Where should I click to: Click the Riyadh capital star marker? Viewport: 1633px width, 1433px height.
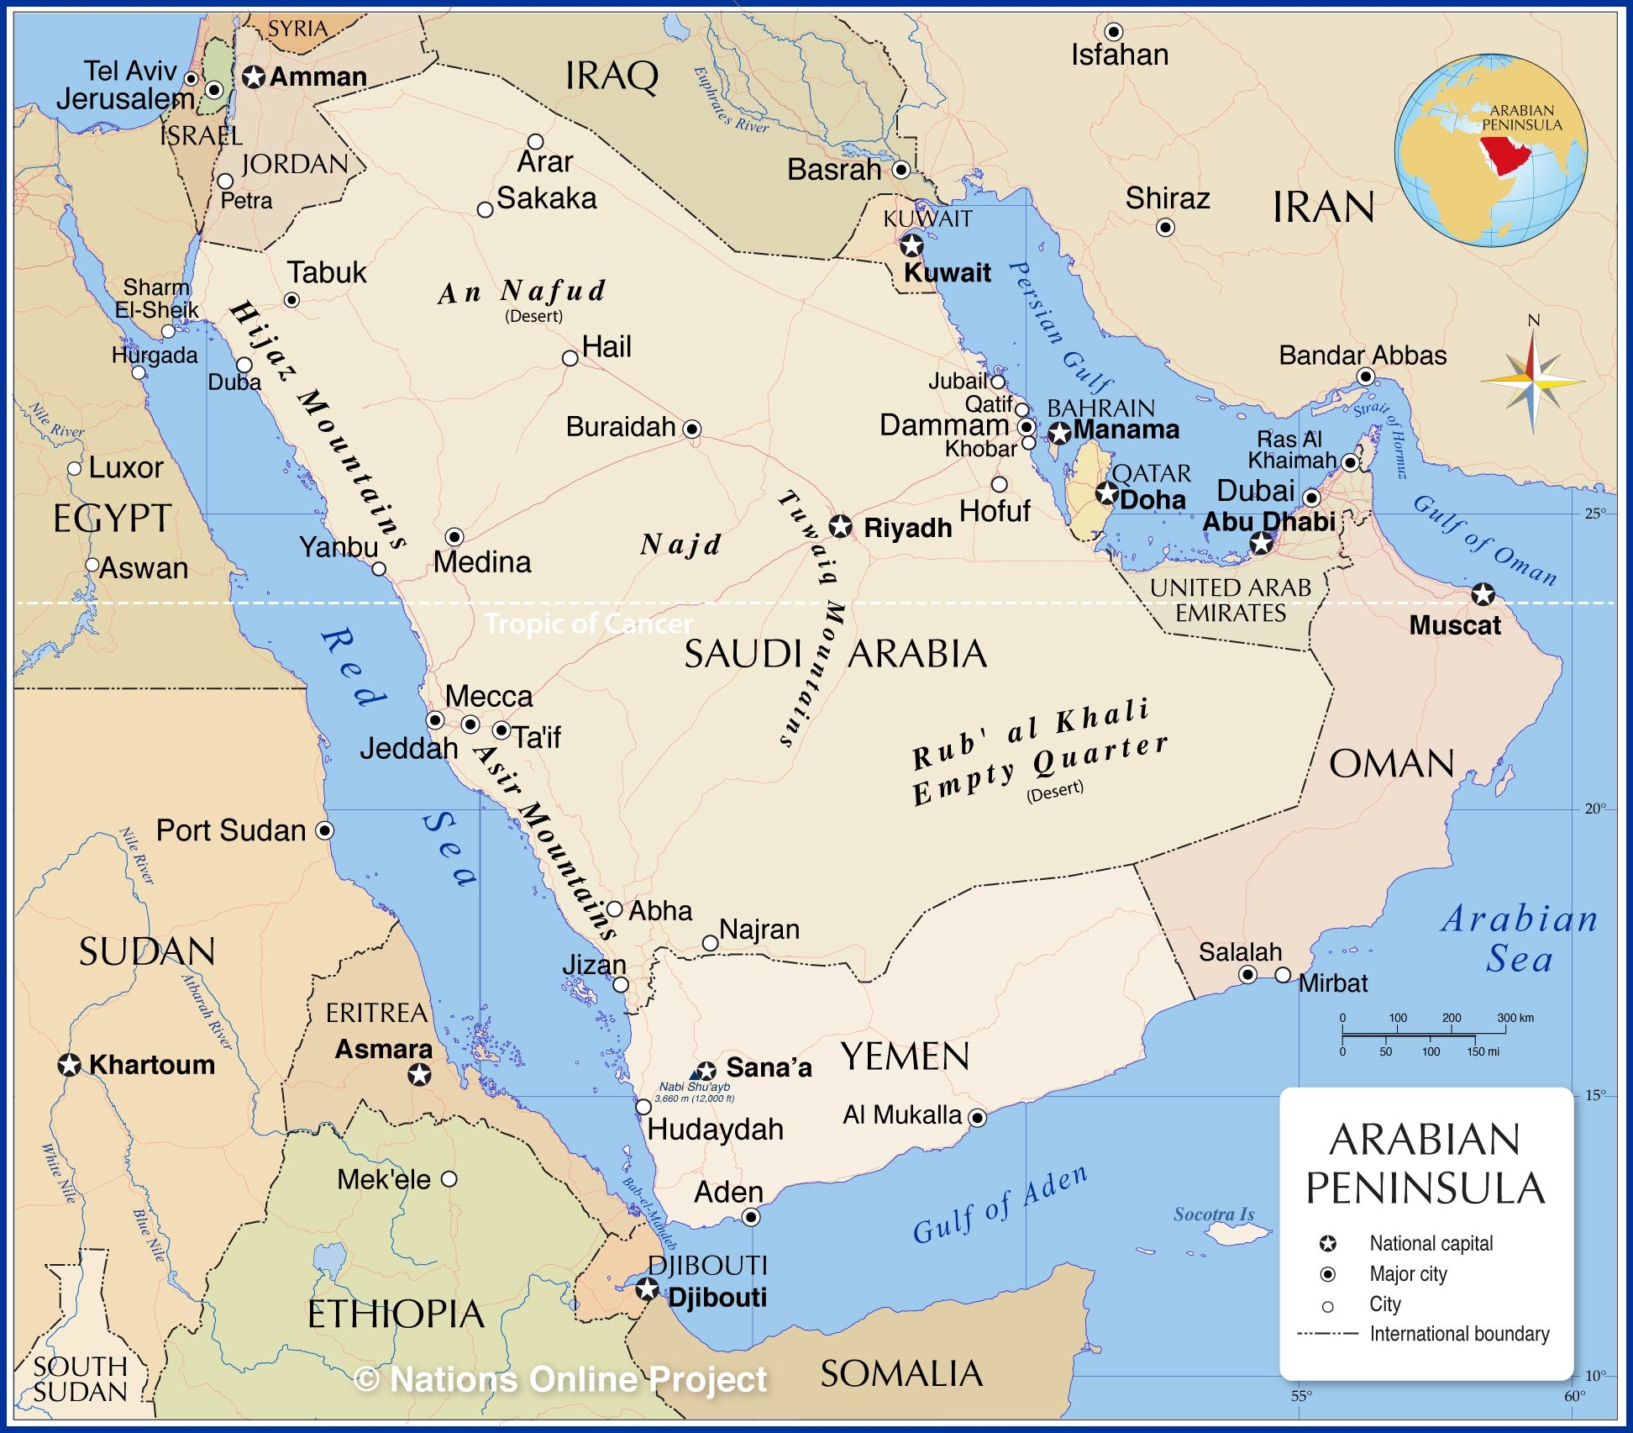click(x=840, y=527)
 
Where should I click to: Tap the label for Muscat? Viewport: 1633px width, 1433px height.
click(x=1454, y=625)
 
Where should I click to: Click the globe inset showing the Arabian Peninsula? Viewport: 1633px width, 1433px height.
click(x=1490, y=151)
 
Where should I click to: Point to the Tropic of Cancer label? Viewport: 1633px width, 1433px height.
click(x=589, y=624)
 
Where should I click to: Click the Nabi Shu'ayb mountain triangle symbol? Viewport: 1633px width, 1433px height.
click(x=696, y=1073)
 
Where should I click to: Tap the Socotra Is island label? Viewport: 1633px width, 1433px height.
click(x=1213, y=1214)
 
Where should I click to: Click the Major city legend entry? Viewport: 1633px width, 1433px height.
click(x=1408, y=1274)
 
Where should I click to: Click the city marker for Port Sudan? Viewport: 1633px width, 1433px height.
click(x=324, y=830)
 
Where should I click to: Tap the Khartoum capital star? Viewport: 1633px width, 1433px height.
click(x=69, y=1065)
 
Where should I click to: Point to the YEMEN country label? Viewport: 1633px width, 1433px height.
click(x=905, y=1056)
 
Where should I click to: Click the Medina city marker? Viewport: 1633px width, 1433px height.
click(x=454, y=536)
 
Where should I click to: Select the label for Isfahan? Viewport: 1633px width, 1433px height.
click(x=1119, y=55)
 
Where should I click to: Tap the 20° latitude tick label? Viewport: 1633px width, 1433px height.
click(x=1594, y=809)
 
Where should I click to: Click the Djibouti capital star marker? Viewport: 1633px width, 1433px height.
click(x=647, y=1288)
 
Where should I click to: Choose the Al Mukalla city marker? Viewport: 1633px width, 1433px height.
click(x=977, y=1118)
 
